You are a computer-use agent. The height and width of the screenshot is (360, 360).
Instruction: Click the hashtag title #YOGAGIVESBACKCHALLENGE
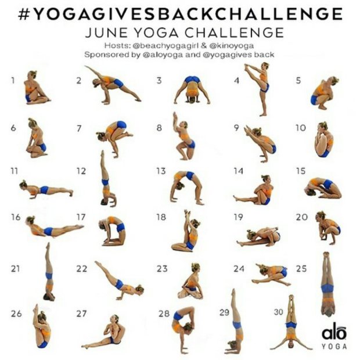tap(180, 13)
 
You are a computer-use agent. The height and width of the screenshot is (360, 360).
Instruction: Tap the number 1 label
tap(12, 81)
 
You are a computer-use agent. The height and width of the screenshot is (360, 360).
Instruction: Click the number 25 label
tap(301, 268)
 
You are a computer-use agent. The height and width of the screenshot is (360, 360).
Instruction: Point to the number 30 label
tap(279, 312)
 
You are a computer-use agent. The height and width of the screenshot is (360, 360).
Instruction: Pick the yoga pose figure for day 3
tap(192, 90)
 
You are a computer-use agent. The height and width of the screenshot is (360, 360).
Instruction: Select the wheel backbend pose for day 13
tap(188, 186)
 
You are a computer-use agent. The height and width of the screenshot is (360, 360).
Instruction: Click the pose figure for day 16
tap(52, 228)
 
